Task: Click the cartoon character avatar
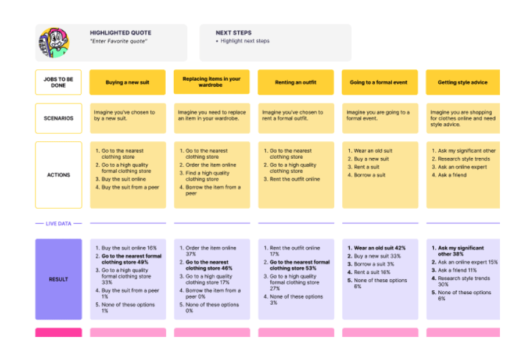click(54, 42)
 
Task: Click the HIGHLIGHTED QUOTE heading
click(120, 33)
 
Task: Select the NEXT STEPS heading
click(234, 33)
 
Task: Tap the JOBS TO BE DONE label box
click(58, 82)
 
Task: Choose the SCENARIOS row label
click(58, 118)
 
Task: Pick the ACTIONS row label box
click(58, 175)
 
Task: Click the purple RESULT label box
click(58, 279)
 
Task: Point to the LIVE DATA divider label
click(58, 223)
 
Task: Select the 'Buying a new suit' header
click(127, 82)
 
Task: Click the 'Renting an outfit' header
click(296, 82)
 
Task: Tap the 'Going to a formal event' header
click(379, 82)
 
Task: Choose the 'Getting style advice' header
click(463, 82)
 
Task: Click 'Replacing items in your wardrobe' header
click(212, 82)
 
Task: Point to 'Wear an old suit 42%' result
click(379, 248)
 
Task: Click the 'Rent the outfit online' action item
click(295, 179)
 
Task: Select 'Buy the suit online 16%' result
click(129, 248)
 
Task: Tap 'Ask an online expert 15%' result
click(468, 262)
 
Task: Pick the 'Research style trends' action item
click(464, 159)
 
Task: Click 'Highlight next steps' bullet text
click(245, 41)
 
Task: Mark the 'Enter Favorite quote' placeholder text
click(119, 41)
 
